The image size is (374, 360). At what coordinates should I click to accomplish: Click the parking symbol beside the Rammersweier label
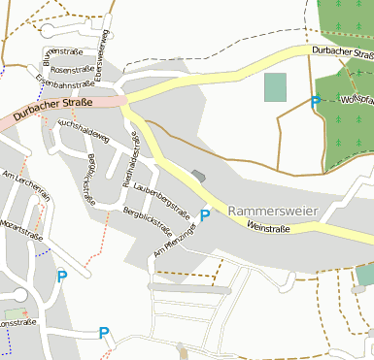(x=205, y=214)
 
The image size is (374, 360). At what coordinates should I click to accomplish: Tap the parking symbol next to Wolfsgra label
(x=315, y=101)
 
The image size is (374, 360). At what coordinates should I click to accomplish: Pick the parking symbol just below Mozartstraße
(x=62, y=277)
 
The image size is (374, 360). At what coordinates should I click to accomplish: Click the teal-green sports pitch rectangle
(x=276, y=87)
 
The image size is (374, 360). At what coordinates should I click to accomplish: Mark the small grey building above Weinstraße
(x=199, y=176)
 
